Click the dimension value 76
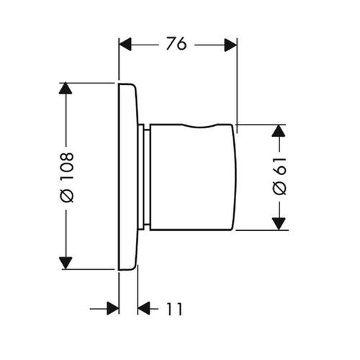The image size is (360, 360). [176, 43]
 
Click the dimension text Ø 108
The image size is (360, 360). [66, 177]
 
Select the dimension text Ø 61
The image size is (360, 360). [280, 176]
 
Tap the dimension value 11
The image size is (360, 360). [174, 309]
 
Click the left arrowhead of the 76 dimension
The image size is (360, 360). [125, 44]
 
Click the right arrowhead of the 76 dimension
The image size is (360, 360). [230, 45]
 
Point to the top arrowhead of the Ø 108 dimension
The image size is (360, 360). [66, 88]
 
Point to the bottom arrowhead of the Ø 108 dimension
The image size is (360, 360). [66, 263]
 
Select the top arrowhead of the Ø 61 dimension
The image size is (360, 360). [279, 131]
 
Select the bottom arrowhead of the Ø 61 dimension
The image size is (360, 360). [279, 224]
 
